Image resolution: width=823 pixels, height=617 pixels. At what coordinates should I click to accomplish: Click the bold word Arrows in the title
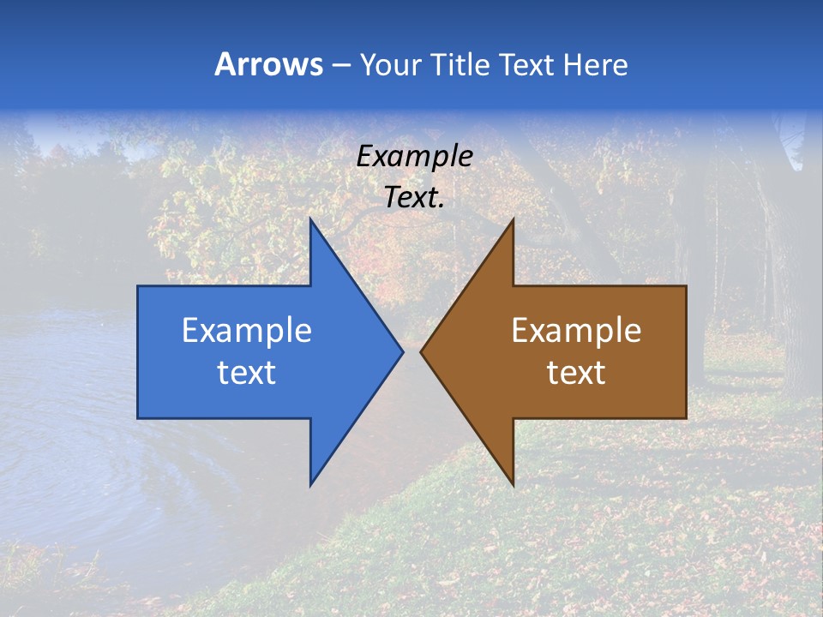[x=268, y=64]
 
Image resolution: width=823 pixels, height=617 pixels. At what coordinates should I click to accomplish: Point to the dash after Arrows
[x=340, y=65]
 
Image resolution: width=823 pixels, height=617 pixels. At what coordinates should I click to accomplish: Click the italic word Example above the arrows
[x=414, y=156]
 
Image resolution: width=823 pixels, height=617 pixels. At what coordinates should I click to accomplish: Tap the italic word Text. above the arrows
[x=414, y=197]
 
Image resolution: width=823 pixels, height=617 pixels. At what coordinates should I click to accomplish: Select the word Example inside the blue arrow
[x=247, y=330]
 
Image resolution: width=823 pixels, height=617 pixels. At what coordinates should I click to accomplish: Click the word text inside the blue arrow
[x=247, y=372]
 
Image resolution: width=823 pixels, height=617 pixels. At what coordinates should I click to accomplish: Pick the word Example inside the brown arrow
[x=576, y=330]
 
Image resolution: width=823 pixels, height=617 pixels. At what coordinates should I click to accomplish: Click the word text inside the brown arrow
[x=576, y=372]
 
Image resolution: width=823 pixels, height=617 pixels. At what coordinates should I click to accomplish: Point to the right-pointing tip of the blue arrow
[x=403, y=351]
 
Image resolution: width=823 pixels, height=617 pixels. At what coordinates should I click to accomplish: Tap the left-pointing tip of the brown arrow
[x=420, y=351]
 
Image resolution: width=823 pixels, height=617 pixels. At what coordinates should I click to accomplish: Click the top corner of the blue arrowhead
[x=310, y=219]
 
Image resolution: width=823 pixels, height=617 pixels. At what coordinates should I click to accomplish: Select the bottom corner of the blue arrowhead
[x=310, y=485]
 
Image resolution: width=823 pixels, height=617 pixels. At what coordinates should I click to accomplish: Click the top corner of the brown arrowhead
[x=513, y=219]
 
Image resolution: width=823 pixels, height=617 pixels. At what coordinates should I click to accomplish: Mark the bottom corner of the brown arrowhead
[x=513, y=485]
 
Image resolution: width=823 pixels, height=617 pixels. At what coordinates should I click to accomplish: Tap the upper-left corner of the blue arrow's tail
[x=138, y=286]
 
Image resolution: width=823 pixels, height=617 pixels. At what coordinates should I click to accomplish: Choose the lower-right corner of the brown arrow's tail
[x=686, y=418]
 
